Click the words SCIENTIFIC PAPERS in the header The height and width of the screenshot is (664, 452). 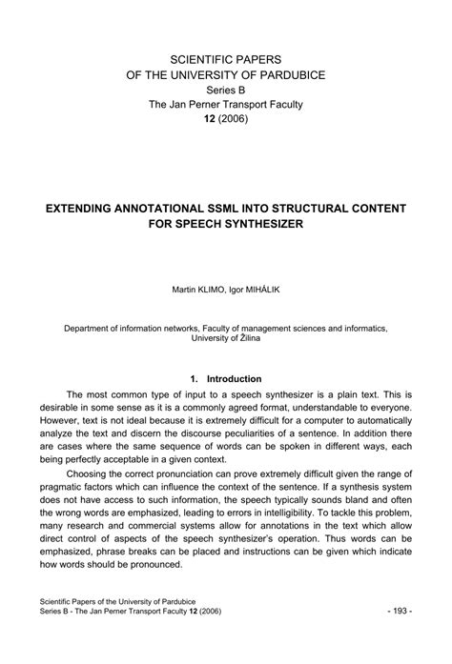(225, 59)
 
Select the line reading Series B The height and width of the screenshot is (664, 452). (225, 91)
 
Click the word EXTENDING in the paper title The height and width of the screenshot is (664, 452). (79, 208)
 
